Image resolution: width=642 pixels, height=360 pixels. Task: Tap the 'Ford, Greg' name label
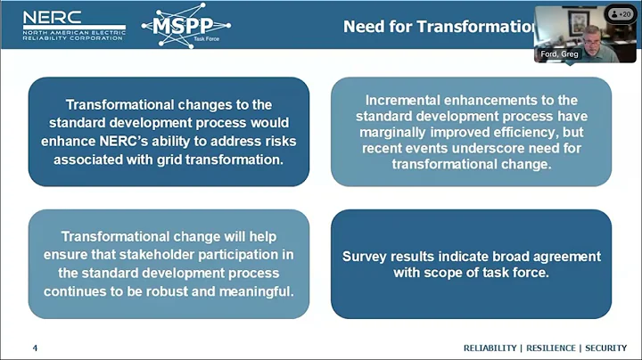(559, 54)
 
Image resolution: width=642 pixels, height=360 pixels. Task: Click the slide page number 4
(35, 348)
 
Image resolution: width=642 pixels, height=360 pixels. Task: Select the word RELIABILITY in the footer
(490, 348)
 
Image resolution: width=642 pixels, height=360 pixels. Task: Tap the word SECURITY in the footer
(605, 348)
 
